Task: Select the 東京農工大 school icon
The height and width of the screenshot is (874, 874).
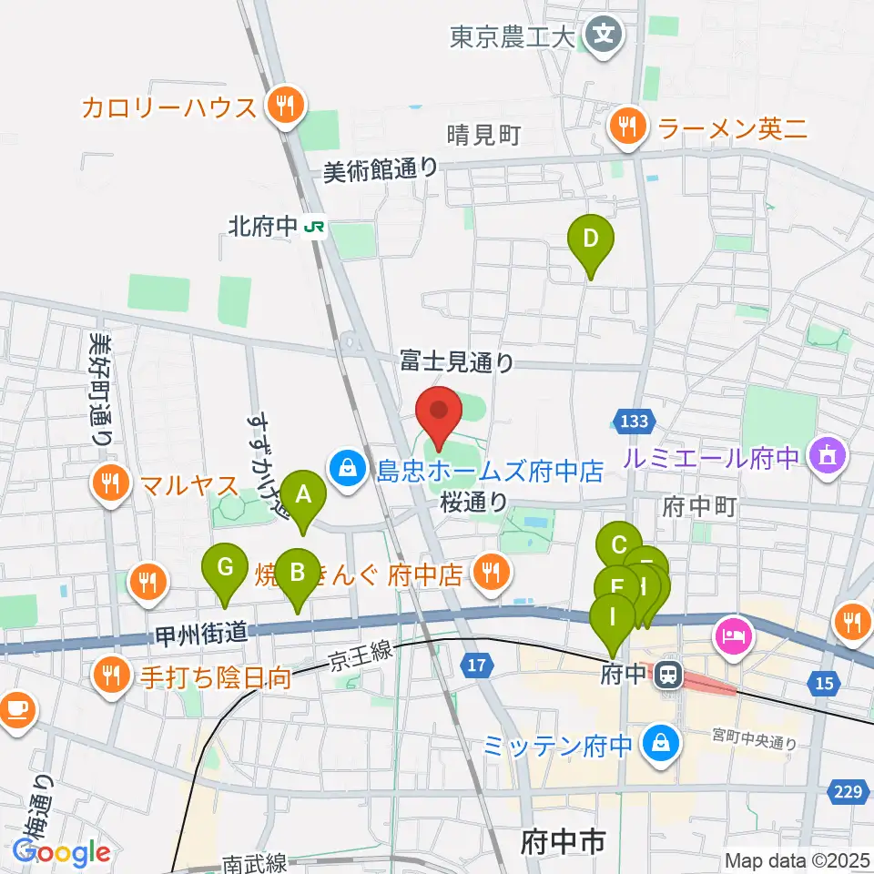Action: coord(604,36)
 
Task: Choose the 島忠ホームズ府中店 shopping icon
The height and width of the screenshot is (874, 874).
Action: coord(348,470)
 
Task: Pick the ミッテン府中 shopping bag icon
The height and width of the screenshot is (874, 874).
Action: coord(655,744)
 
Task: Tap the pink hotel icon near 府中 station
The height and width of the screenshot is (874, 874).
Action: coord(734,631)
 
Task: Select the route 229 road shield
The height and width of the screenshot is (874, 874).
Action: coord(848,793)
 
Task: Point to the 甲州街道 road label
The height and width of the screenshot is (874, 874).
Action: coord(203,631)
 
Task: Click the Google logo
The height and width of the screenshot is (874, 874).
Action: coord(62,852)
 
